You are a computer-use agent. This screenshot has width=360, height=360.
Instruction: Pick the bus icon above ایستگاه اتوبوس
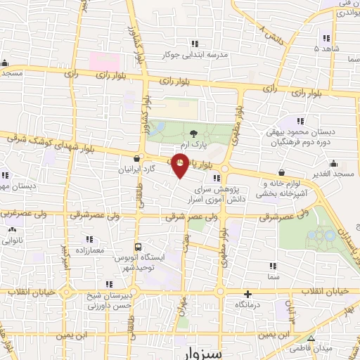click(138, 247)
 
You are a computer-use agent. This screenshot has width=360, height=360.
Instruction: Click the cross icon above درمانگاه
click(247, 294)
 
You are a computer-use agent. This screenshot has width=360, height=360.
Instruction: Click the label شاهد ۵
click(326, 49)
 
